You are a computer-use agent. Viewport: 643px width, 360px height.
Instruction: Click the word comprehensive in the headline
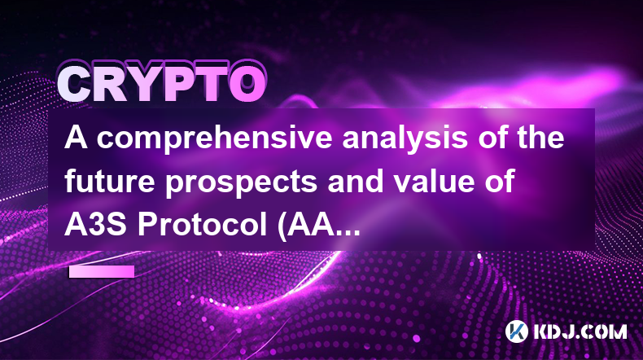pos(214,138)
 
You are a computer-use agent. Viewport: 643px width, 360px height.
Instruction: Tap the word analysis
pos(405,138)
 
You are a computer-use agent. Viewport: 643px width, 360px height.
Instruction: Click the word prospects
pos(241,183)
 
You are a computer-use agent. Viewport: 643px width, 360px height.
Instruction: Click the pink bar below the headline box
pos(102,271)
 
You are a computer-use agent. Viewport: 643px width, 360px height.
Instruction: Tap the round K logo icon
pos(516,331)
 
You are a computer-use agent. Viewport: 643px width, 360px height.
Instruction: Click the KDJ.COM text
pos(580,331)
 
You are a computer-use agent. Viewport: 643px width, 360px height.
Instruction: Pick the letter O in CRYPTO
pos(247,85)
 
